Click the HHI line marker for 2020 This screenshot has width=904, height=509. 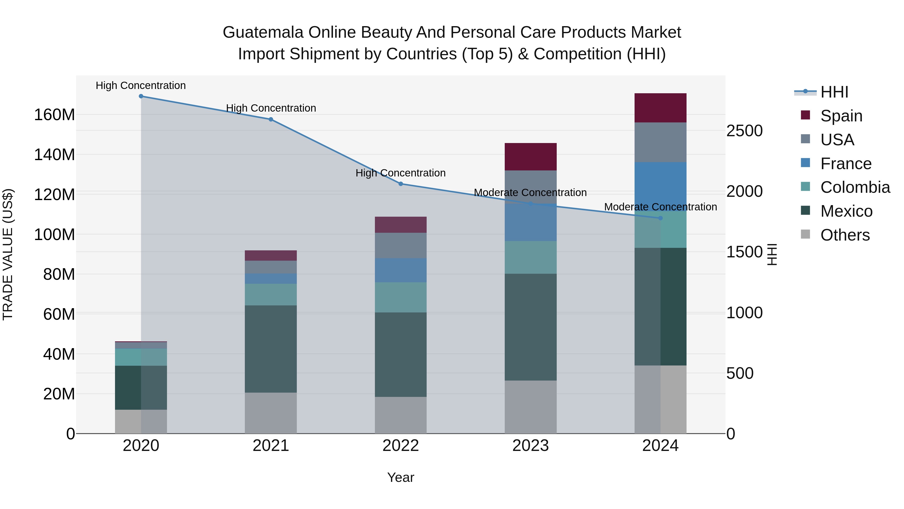click(141, 96)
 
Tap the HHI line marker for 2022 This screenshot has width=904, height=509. click(401, 184)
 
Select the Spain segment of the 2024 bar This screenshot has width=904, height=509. click(660, 108)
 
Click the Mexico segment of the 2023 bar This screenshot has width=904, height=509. click(531, 327)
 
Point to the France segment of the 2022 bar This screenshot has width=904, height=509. click(401, 270)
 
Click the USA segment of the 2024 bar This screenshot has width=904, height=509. click(660, 142)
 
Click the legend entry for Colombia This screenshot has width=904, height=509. click(855, 187)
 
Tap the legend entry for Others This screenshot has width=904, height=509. click(845, 235)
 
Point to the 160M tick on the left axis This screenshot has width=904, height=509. click(54, 115)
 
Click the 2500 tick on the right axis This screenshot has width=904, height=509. click(744, 131)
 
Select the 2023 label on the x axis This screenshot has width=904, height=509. click(531, 446)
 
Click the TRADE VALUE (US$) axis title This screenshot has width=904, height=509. click(8, 254)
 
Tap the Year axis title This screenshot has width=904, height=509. click(401, 477)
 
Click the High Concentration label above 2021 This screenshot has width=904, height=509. click(271, 108)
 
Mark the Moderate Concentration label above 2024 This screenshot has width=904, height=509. click(660, 207)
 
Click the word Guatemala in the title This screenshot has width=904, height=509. click(263, 32)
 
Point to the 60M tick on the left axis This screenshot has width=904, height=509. click(59, 314)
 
